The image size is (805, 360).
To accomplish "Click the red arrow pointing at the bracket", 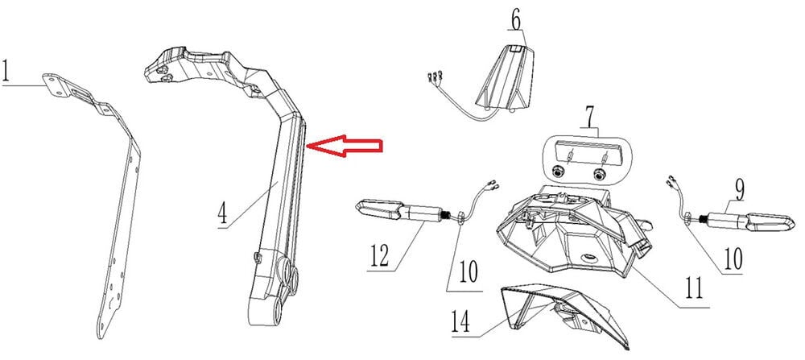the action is tap(345, 147).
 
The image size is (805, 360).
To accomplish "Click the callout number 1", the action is tap(6, 72).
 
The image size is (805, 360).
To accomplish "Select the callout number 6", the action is tap(515, 21).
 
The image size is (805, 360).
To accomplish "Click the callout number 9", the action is tap(739, 190).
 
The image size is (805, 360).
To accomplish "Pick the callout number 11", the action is tap(693, 289).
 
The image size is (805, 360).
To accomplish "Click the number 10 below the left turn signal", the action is tap(468, 273).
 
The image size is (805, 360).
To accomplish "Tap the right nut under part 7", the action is tap(598, 174).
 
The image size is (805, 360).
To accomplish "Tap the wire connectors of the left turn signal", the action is tap(492, 184).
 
